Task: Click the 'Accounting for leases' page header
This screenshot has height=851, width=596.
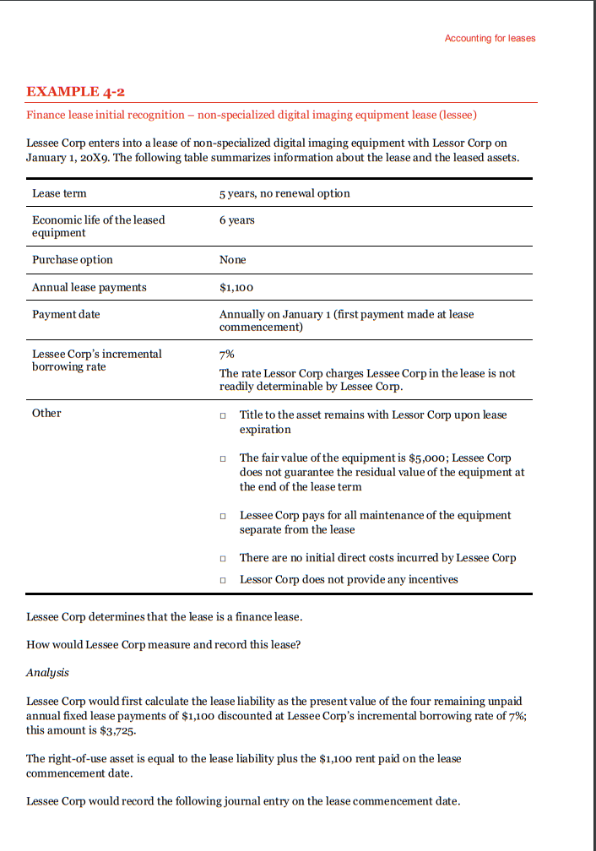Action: tap(490, 38)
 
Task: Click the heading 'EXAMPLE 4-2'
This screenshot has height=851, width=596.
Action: tap(76, 91)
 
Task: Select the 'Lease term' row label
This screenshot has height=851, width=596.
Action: tap(59, 193)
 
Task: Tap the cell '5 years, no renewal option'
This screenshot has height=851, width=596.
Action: tap(284, 193)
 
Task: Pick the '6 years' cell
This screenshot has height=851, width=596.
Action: tap(236, 220)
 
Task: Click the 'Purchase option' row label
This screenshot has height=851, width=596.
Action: tap(72, 260)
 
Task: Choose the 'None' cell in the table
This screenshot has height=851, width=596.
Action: tap(232, 260)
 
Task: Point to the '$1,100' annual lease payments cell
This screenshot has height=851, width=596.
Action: tap(236, 288)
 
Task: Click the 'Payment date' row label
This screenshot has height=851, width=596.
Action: tap(66, 314)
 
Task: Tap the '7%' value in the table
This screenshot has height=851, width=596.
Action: tap(227, 355)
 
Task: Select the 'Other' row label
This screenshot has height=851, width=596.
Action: tap(46, 413)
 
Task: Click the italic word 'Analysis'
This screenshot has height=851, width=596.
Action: tap(47, 673)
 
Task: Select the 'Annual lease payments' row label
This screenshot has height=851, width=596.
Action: tap(89, 288)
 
